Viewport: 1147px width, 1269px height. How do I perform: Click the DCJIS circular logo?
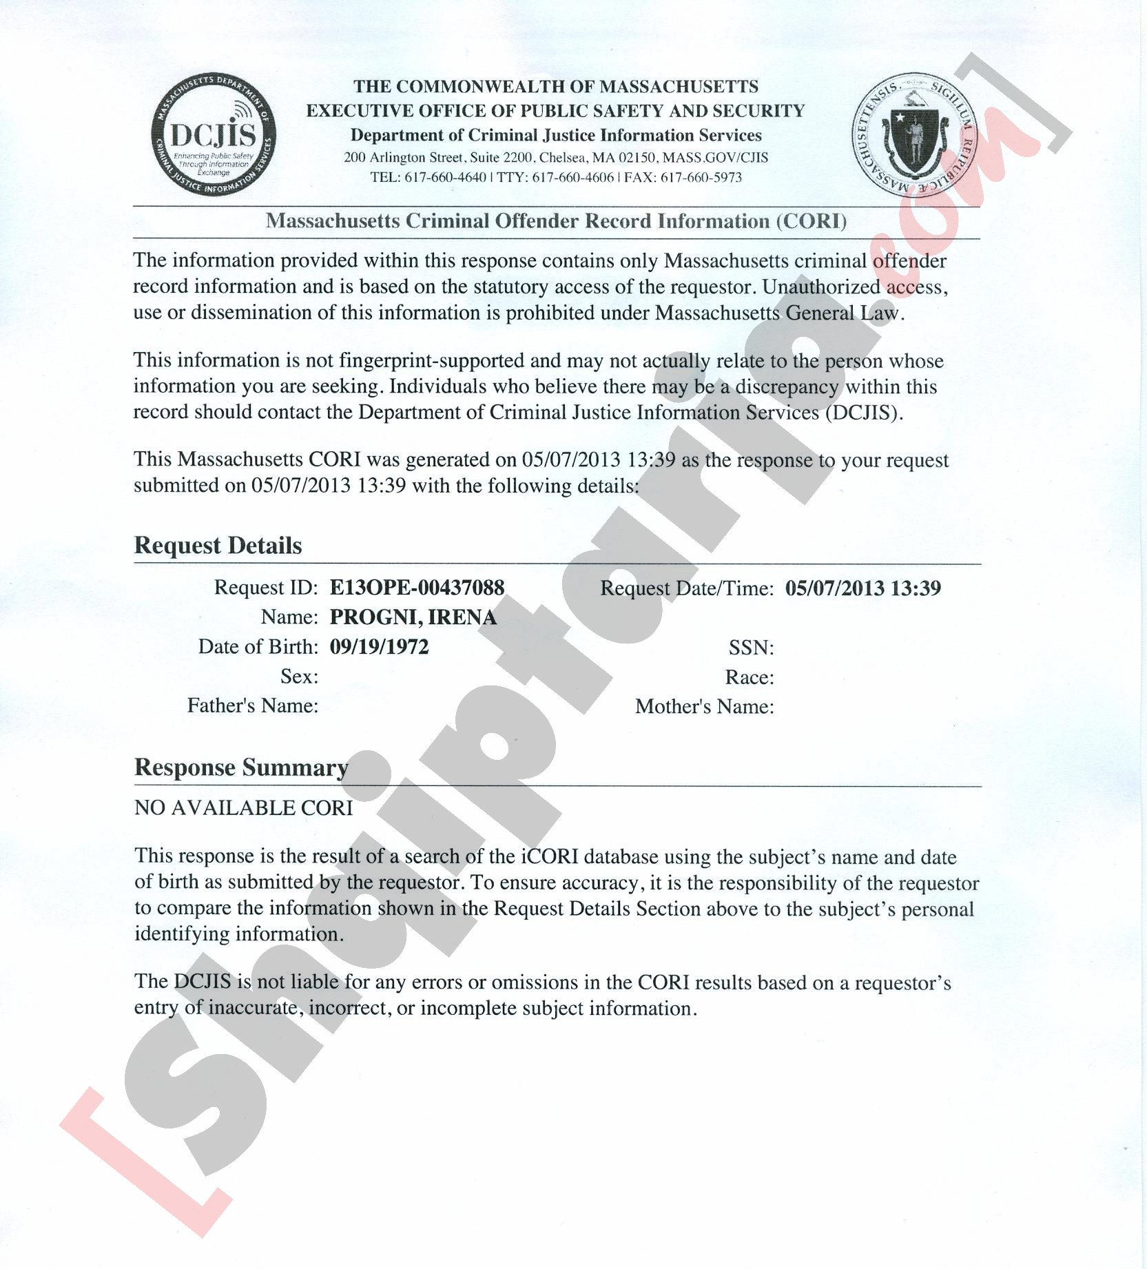[213, 134]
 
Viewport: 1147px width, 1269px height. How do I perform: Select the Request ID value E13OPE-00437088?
[417, 588]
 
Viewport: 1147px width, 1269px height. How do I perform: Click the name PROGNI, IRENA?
[413, 617]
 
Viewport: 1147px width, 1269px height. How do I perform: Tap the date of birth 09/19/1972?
[379, 647]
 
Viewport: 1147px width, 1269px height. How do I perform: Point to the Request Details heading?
[218, 546]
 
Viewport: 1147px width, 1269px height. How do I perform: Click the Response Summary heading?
[241, 767]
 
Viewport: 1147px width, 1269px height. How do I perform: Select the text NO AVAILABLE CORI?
[243, 808]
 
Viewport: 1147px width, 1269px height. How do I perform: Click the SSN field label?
[751, 648]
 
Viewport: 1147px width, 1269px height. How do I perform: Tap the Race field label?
[749, 677]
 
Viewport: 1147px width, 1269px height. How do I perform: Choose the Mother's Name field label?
[704, 707]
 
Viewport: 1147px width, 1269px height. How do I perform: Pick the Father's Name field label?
[252, 706]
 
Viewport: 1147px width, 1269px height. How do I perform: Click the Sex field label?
[299, 677]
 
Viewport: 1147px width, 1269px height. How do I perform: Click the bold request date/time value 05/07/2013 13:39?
[862, 588]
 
